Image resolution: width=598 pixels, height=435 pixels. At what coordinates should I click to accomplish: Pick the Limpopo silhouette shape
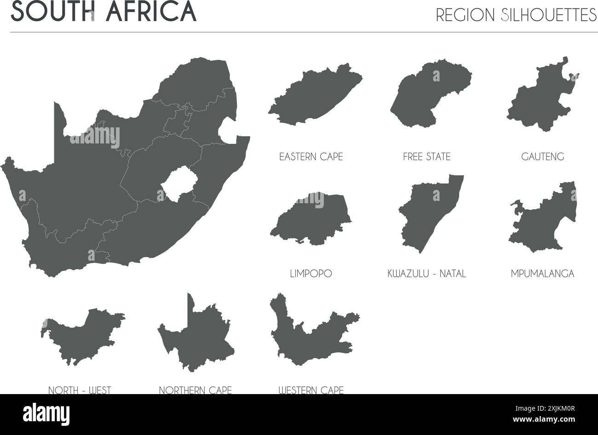pyautogui.click(x=313, y=220)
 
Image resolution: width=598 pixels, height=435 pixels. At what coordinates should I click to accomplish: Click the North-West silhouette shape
pyautogui.click(x=80, y=338)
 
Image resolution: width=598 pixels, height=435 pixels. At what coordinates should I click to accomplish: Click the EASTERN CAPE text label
pyautogui.click(x=311, y=157)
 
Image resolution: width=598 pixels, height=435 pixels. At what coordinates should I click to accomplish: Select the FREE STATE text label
pyautogui.click(x=426, y=157)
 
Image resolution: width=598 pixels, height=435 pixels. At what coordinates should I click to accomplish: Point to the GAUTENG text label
pyautogui.click(x=542, y=157)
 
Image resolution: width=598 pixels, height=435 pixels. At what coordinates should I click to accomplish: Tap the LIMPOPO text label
pyautogui.click(x=311, y=274)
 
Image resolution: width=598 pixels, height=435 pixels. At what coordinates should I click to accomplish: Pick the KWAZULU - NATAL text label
pyautogui.click(x=426, y=274)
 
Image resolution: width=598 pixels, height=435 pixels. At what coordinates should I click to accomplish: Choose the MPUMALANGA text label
pyautogui.click(x=542, y=274)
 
